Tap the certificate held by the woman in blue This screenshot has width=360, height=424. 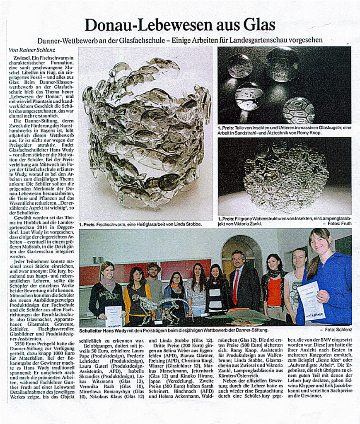(x=311, y=300)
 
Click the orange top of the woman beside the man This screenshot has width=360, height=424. (x=274, y=292)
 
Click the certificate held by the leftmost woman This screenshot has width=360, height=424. (x=113, y=316)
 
